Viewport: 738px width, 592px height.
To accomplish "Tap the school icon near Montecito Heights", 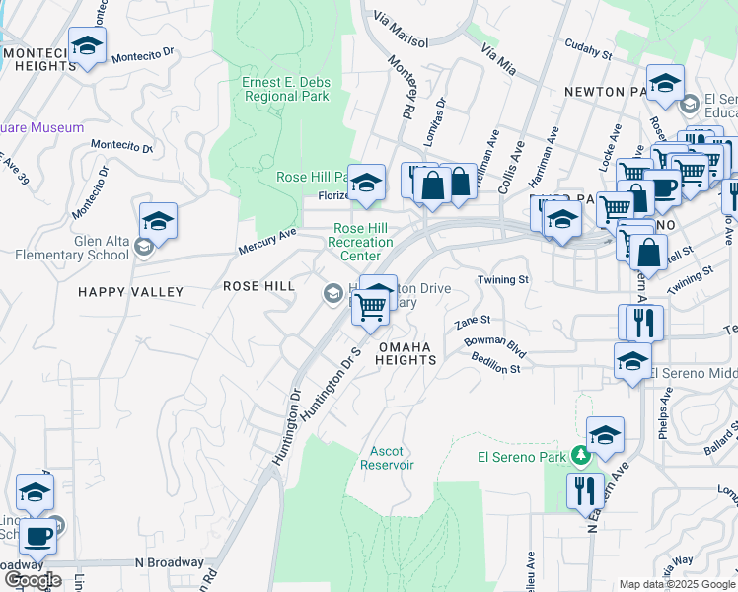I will pyautogui.click(x=87, y=45).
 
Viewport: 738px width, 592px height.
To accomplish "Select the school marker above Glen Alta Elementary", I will pyautogui.click(x=158, y=221).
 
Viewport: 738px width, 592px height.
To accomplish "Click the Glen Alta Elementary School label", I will pyautogui.click(x=72, y=247).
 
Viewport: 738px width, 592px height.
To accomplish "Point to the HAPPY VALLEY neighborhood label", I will pyautogui.click(x=133, y=292).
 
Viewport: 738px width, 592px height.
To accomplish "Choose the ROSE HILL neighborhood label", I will pyautogui.click(x=258, y=286).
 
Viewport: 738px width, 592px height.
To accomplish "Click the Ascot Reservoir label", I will pyautogui.click(x=387, y=457).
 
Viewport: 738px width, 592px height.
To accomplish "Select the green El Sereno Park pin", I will pyautogui.click(x=581, y=456).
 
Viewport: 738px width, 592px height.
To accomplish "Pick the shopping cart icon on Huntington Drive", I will pyautogui.click(x=370, y=307).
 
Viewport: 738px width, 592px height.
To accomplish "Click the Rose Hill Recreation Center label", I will pyautogui.click(x=360, y=242).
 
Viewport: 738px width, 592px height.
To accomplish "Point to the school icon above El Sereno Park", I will pyautogui.click(x=605, y=433).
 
